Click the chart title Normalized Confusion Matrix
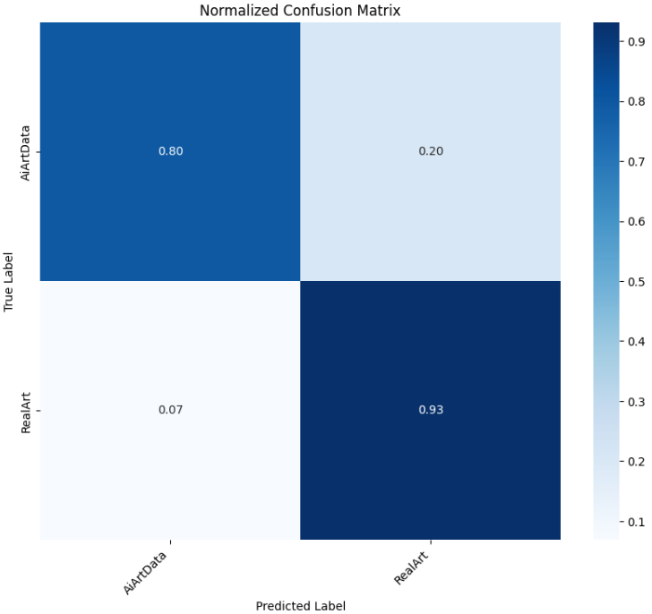tap(300, 11)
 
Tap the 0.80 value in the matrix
tap(170, 151)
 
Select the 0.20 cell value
tap(430, 151)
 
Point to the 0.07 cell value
tap(170, 410)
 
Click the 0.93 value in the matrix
tap(430, 410)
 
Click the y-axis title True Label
tap(9, 281)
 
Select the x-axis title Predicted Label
tap(300, 605)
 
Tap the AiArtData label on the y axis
tap(27, 151)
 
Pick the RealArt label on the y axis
tap(27, 410)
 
